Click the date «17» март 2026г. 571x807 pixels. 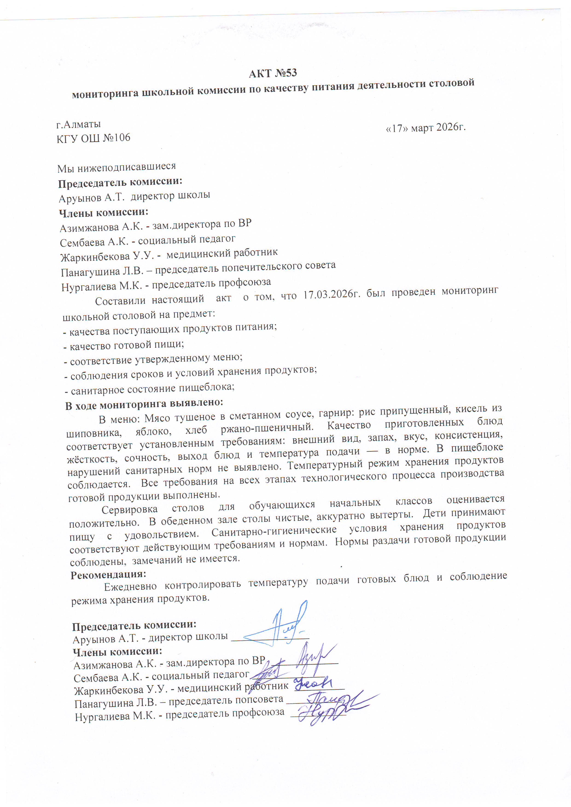tap(426, 128)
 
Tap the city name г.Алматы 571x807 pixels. tap(79, 124)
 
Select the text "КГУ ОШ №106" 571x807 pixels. tap(93, 138)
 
